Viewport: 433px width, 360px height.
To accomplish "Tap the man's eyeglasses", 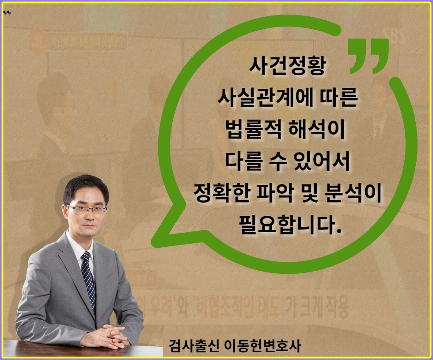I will pos(86,209).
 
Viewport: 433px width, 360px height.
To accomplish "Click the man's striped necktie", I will pos(88,279).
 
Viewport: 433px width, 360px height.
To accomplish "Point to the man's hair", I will pos(85,186).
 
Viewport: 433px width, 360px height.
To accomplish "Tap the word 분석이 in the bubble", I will pos(356,194).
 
